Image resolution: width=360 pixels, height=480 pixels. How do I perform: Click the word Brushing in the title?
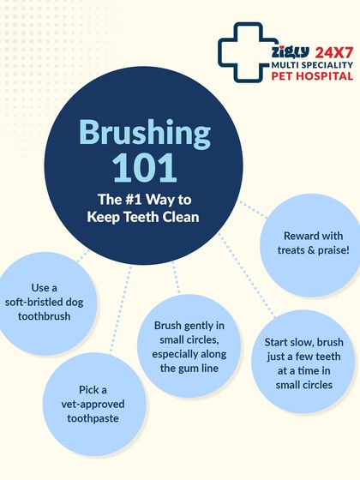point(145,134)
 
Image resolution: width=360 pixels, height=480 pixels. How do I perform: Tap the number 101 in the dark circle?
point(144,168)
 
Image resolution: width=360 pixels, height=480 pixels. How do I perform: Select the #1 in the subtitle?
point(134,200)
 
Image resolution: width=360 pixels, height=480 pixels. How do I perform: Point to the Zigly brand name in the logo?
point(291,52)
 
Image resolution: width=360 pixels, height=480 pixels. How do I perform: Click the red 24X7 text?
point(334,52)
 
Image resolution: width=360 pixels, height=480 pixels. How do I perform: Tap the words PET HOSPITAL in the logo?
point(312,75)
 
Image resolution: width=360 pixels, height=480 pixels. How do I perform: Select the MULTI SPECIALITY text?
point(312,65)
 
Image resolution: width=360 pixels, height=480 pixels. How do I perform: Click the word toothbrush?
point(44,316)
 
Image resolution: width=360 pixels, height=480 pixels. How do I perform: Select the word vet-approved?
point(93,405)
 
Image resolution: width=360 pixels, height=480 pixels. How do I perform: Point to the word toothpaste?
point(93,418)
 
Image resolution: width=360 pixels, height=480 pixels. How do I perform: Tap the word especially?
point(173,354)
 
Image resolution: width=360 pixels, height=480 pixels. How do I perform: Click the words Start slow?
point(289,342)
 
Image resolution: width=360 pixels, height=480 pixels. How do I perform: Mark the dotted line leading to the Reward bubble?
point(253,209)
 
